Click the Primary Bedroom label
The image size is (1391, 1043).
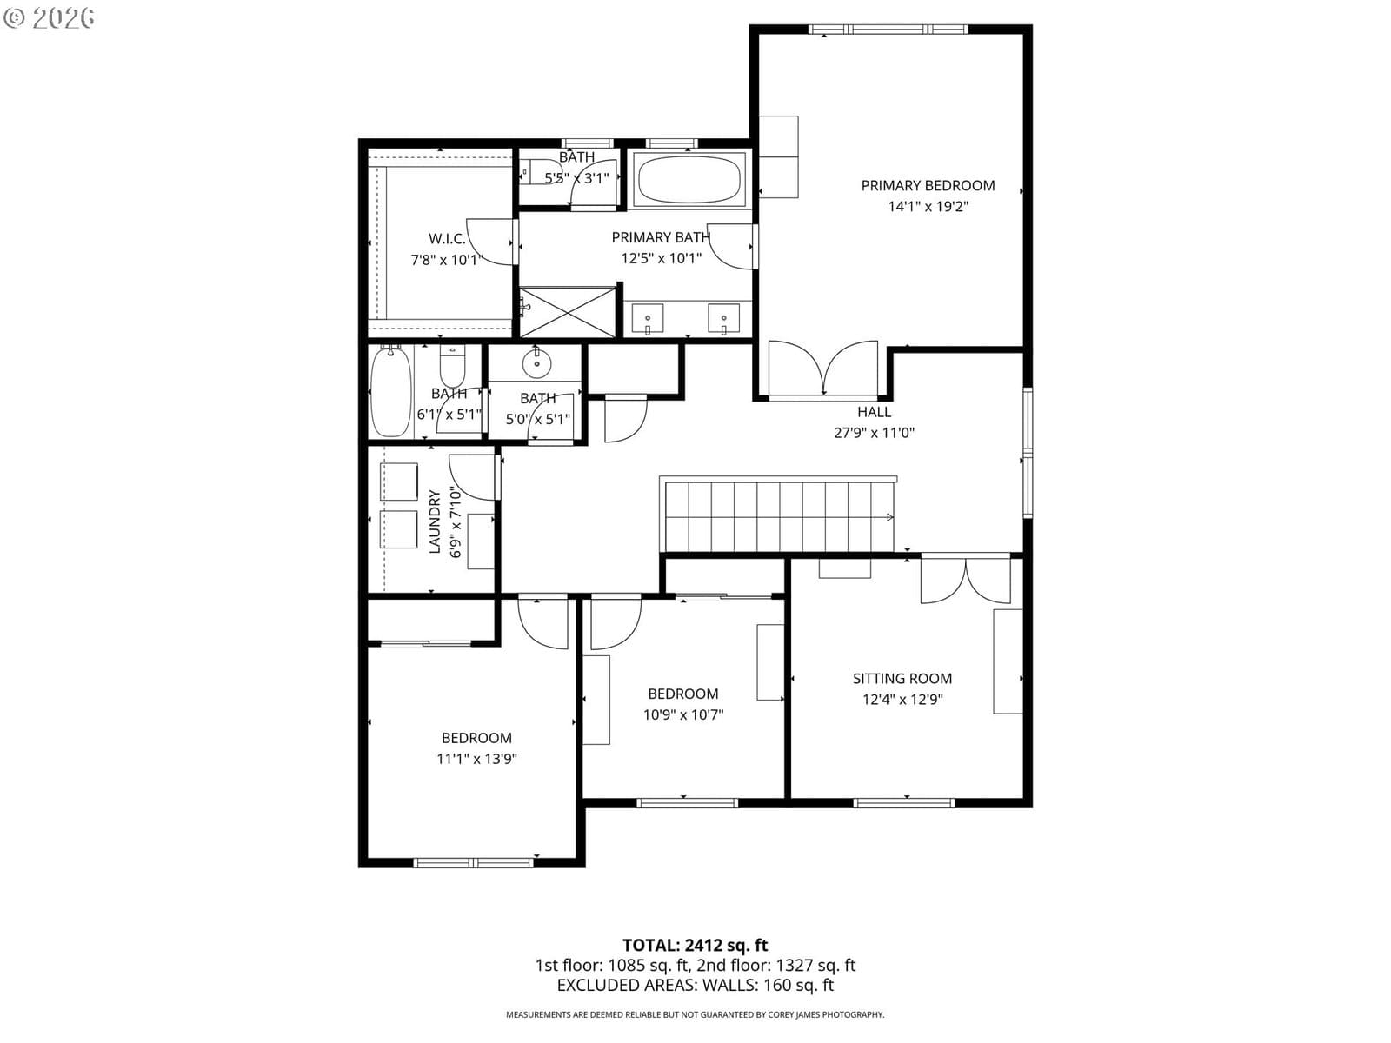tap(928, 185)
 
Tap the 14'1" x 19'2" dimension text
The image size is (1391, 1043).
tap(928, 207)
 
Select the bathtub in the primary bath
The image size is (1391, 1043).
tap(689, 179)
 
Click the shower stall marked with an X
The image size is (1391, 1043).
tap(567, 312)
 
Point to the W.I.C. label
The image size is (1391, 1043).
tap(447, 239)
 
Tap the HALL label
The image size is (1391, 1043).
tap(874, 412)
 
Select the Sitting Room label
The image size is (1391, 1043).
tap(902, 679)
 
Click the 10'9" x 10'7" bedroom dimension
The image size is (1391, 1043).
tap(683, 715)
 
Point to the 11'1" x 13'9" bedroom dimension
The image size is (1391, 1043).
tap(476, 759)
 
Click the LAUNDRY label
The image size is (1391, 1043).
tap(435, 521)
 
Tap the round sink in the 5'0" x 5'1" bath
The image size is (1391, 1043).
tap(536, 364)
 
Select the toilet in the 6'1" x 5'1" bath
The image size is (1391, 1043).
tap(452, 365)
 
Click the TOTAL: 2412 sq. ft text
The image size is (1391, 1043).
tap(695, 946)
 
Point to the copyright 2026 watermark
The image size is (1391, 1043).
tap(49, 17)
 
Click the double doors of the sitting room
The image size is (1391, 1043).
tap(965, 580)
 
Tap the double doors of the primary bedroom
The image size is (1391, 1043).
tap(823, 370)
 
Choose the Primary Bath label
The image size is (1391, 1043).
tap(661, 237)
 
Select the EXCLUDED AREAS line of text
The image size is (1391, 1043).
tap(695, 986)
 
